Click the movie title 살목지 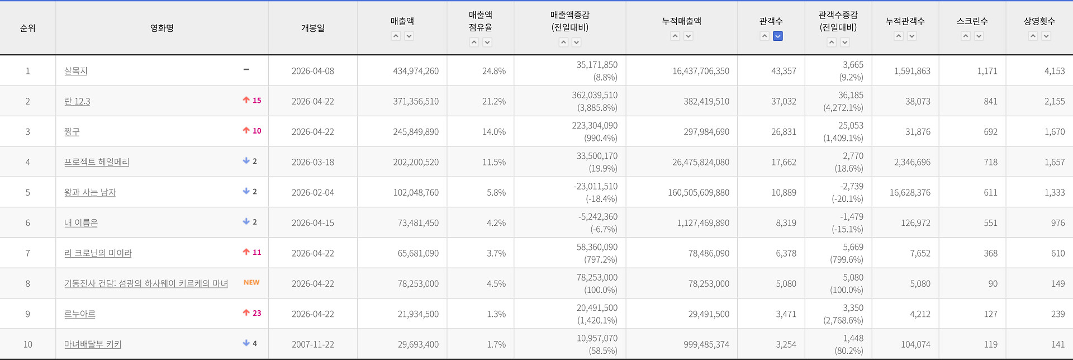click(x=76, y=71)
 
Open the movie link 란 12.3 click(x=77, y=101)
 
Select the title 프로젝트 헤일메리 click(x=97, y=162)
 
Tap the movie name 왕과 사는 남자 click(x=90, y=192)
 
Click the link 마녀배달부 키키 click(x=93, y=344)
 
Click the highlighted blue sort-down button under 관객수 click(x=778, y=36)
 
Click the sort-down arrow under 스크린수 click(x=979, y=36)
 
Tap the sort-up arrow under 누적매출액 click(x=675, y=36)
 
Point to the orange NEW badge click(x=251, y=282)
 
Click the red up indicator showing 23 click(x=252, y=313)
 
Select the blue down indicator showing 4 click(x=250, y=343)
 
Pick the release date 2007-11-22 click(x=313, y=344)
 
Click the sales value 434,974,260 click(x=416, y=71)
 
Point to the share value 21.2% click(x=494, y=101)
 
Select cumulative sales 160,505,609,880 click(x=699, y=192)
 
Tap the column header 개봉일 click(x=313, y=28)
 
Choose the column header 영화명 click(x=162, y=28)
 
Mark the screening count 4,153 click(x=1055, y=71)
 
